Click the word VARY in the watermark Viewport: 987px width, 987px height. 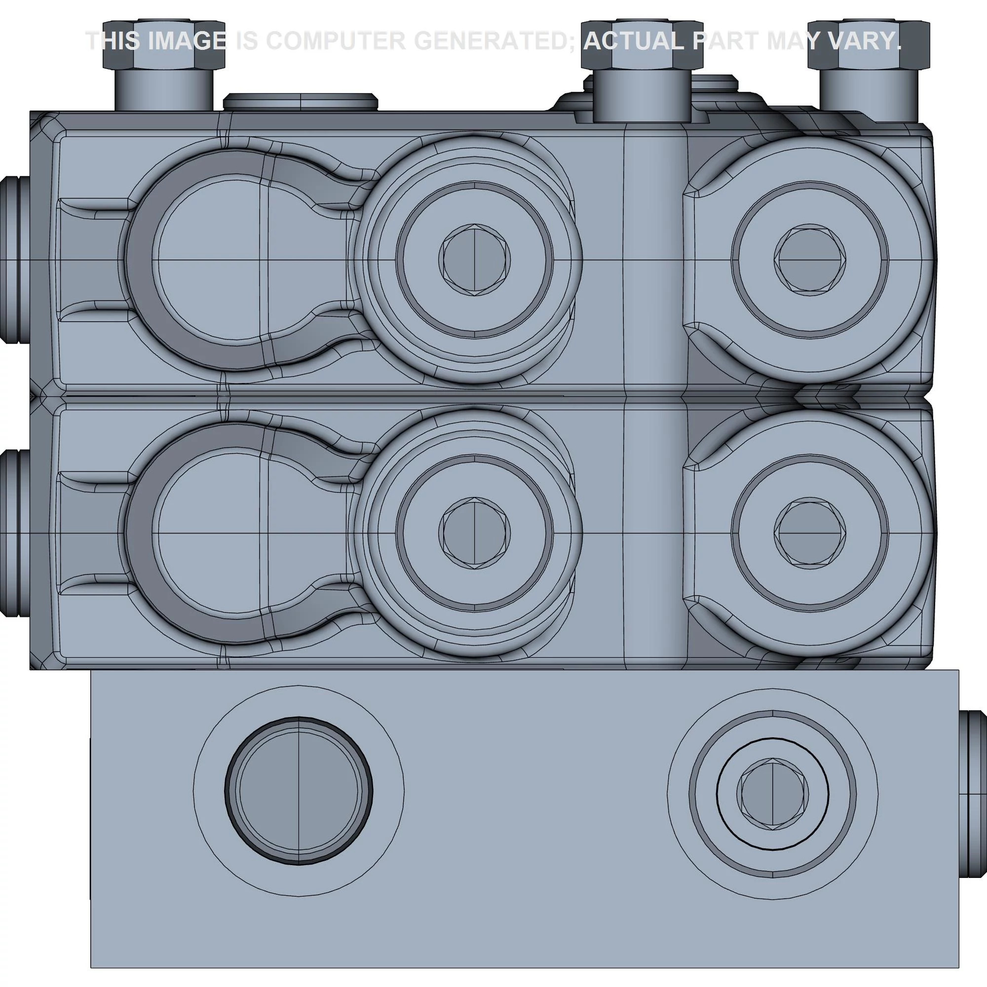coord(863,41)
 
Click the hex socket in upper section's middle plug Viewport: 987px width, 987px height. coord(474,260)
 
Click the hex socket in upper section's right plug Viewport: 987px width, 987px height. coord(809,260)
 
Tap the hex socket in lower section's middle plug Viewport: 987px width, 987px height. coord(474,533)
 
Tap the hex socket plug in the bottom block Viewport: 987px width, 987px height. coord(772,794)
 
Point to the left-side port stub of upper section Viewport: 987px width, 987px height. coord(11,260)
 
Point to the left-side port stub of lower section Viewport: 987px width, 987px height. coord(11,533)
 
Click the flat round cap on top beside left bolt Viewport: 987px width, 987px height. coord(301,102)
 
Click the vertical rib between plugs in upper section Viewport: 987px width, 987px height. coord(655,260)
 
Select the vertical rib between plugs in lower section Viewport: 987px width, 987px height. coord(655,533)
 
